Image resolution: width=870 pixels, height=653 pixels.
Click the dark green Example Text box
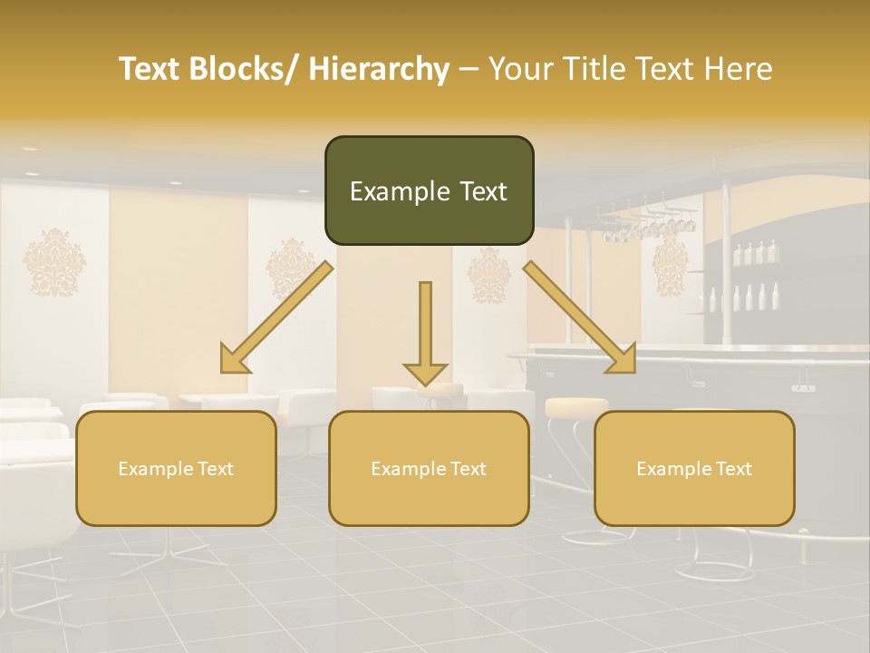click(x=429, y=190)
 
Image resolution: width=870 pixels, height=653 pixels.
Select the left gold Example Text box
click(x=176, y=468)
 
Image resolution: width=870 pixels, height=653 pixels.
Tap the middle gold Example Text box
click(x=429, y=468)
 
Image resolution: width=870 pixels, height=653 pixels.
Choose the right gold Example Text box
click(x=694, y=468)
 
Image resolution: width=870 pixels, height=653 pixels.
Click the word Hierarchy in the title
click(x=379, y=69)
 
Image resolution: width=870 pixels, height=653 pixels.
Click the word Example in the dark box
click(x=400, y=191)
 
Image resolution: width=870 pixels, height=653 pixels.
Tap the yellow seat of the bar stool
click(x=576, y=404)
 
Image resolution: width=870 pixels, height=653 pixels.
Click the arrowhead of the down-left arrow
click(x=235, y=360)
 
